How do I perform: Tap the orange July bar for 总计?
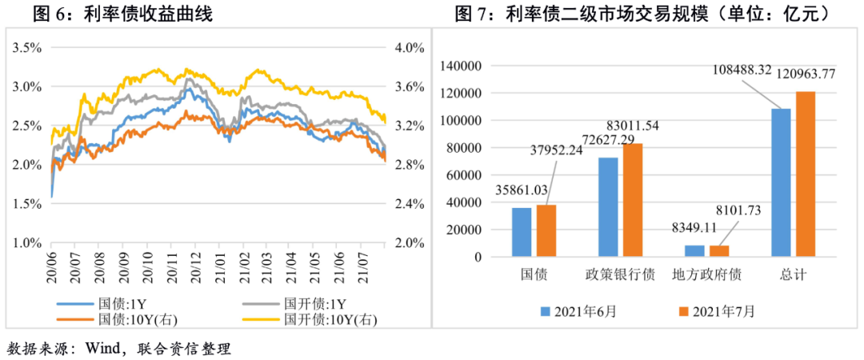(805, 174)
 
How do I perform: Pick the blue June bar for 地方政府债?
(672, 251)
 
